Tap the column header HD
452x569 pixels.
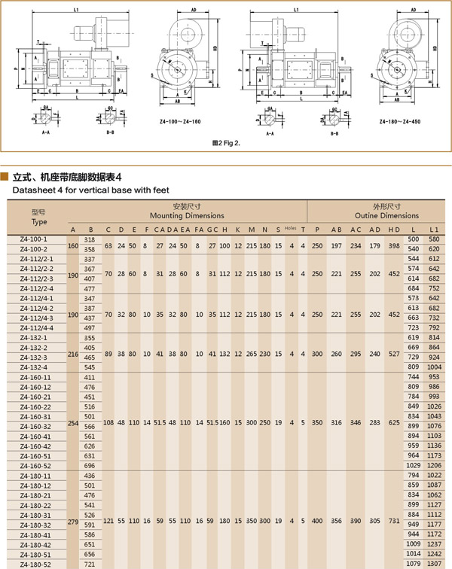[x=393, y=230]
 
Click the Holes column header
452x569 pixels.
[x=291, y=229]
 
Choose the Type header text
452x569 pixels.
[x=39, y=223]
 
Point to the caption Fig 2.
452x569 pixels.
[x=227, y=141]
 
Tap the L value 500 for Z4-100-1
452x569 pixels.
[x=413, y=239]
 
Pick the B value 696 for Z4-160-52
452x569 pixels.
[x=90, y=466]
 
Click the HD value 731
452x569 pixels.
[x=393, y=520]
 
